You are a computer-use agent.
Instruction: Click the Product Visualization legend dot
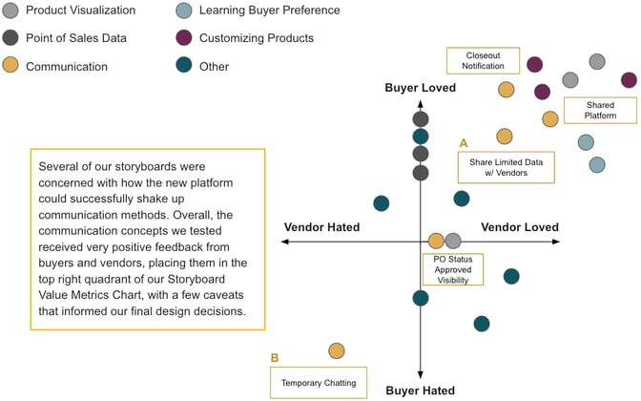(10, 11)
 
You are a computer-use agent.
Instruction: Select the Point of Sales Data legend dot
(10, 38)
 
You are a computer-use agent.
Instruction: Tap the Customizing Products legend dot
(185, 38)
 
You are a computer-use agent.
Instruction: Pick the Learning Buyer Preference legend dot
(185, 11)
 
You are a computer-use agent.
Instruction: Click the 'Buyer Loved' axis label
(421, 88)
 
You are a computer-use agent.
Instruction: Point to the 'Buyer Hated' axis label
(420, 390)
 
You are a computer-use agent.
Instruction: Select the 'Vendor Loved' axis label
(520, 227)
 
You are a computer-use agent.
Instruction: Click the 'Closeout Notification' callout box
(484, 61)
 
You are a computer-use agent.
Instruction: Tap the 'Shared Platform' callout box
(589, 109)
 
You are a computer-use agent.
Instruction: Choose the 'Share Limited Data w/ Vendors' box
(506, 167)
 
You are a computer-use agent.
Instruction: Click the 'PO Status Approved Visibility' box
(452, 268)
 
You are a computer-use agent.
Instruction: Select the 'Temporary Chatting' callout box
(319, 383)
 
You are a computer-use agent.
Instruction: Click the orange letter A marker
(464, 142)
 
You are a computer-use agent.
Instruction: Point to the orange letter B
(275, 358)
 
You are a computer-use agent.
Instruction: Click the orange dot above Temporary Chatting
(337, 351)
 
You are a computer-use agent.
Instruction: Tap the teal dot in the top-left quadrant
(381, 203)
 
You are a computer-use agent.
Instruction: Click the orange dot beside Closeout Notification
(507, 90)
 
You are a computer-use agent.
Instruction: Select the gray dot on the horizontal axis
(453, 241)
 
